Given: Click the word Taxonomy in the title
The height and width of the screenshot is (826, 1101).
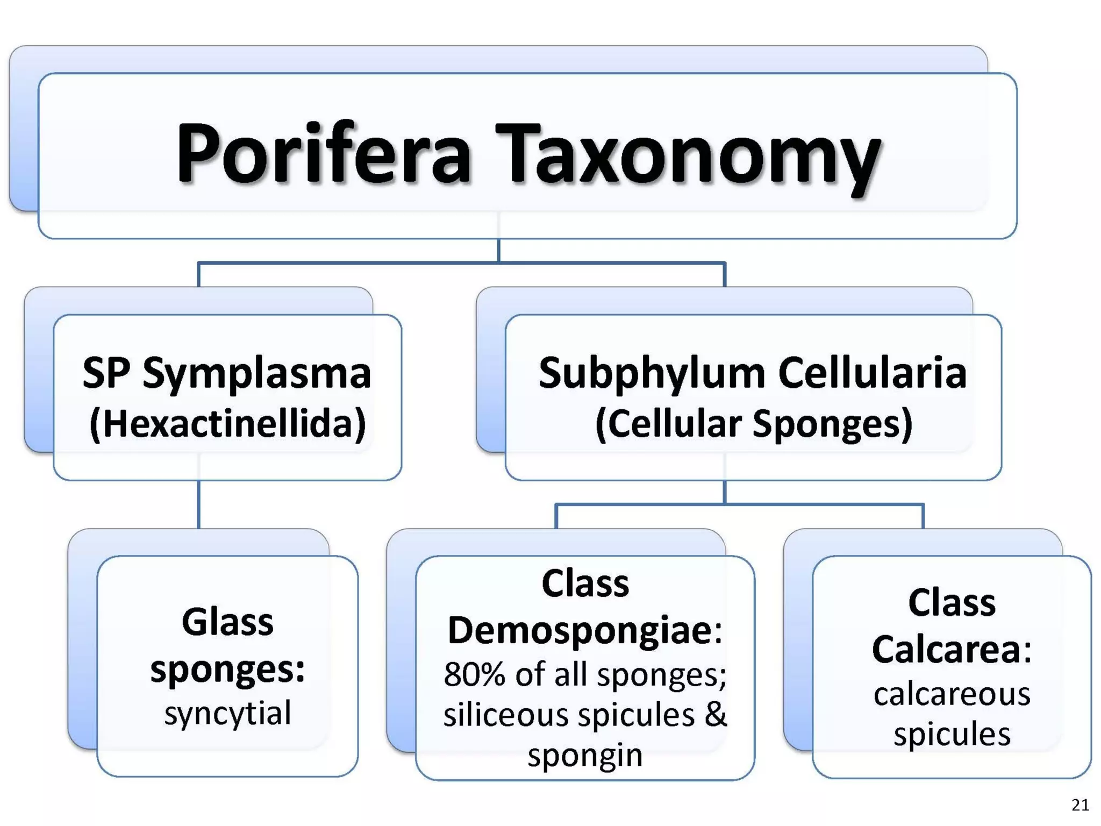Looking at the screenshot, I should pos(688,156).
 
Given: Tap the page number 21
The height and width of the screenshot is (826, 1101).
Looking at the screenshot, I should pos(1079,805).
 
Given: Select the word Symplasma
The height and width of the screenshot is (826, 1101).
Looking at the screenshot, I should pos(257,374).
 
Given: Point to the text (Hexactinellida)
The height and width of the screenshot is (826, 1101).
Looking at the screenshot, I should pos(227,424).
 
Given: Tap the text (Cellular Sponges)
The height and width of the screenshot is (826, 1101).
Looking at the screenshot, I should pos(754,424).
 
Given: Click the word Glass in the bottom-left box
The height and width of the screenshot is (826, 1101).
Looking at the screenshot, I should pos(227,622).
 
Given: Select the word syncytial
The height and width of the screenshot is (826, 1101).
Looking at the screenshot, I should pos(227,714).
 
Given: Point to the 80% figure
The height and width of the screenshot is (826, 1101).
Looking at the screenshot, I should pos(474,674).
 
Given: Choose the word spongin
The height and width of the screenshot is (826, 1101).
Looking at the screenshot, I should pos(585,755).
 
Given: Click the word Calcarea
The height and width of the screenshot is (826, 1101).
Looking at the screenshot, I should pos(946,650).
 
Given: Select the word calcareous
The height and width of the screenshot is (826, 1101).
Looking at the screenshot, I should pos(952,694).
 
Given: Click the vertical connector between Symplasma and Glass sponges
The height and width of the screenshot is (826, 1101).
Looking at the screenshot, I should pos(199,504).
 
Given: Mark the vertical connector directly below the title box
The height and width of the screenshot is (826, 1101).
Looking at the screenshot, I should pos(498,250).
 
